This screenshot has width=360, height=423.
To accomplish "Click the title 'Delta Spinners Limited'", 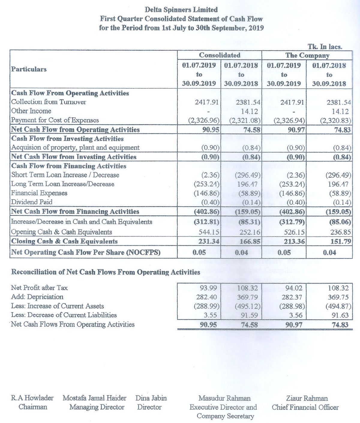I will coord(181,10).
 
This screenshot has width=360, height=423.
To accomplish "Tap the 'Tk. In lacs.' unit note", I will coord(325,46).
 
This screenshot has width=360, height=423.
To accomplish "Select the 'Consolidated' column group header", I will coord(220,55).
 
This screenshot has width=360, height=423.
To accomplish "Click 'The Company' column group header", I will coord(307,55).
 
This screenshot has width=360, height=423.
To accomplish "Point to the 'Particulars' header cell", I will coord(29,69).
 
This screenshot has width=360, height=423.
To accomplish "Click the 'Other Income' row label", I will coord(31,111).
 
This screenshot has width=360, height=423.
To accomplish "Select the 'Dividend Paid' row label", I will coord(32,202).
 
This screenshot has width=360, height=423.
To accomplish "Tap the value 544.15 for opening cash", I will coord(209,232).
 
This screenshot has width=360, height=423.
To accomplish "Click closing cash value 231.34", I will coord(209,241).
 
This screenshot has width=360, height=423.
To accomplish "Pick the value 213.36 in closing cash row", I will coord(294,241).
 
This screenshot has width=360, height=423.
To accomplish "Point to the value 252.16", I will coord(250,232).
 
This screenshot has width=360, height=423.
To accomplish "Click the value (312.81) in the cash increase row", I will coord(206,222).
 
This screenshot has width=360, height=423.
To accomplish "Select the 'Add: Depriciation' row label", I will coord(37,297).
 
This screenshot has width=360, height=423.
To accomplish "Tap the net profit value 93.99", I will coord(208,288).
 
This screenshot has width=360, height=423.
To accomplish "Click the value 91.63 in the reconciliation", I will coord(340,315).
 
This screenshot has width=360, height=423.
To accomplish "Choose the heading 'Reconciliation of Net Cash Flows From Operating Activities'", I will coord(106,272).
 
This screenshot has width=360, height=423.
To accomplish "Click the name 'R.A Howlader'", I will coord(32,398).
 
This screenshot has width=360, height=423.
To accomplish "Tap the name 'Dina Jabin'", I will coord(151,398).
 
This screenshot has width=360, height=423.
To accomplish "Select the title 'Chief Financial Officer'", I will coord(305,407).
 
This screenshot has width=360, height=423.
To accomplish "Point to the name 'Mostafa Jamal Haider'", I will coord(94,398).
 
